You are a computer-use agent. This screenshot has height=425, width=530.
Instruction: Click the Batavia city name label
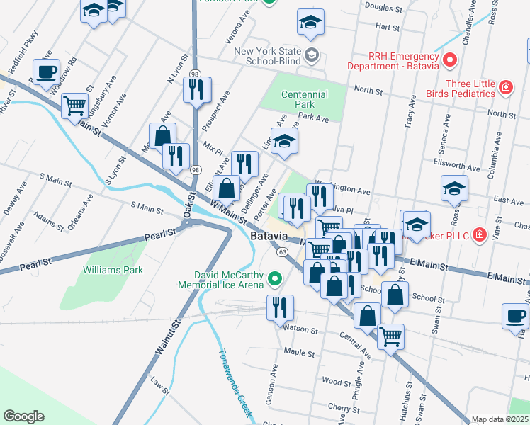coord(269,236)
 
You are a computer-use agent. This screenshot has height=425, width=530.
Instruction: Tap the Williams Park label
coord(113,270)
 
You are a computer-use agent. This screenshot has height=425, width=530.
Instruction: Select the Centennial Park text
coord(304,99)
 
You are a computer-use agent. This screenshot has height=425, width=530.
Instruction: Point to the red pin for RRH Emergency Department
coord(447,60)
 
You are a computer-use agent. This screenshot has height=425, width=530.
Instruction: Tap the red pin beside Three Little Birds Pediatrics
coord(506,88)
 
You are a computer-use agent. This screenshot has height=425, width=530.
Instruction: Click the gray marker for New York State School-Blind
coord(311,55)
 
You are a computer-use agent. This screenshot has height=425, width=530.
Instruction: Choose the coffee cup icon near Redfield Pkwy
coord(47,72)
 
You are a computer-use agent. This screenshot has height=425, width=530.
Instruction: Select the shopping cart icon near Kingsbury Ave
coord(74,107)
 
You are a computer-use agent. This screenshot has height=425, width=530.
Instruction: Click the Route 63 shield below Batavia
coord(282,251)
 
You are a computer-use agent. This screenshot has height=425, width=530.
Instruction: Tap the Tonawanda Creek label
coord(235,383)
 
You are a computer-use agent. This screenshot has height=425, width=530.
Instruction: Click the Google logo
coord(23,416)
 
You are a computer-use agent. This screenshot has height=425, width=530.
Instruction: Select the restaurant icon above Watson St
coord(279,307)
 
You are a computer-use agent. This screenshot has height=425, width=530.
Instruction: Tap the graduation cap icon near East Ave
coord(454,189)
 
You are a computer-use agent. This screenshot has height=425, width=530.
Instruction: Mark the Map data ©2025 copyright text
coord(500,419)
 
